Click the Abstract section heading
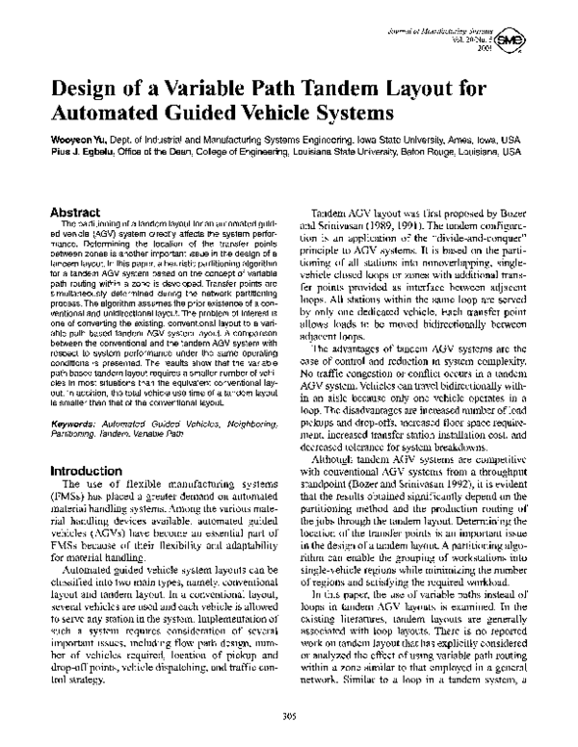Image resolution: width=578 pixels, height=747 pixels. tap(77, 210)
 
